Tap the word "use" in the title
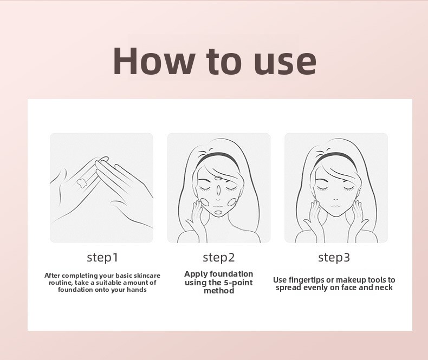284,64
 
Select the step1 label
102,258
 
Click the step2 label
219,258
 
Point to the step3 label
334,258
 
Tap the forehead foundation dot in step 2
218,179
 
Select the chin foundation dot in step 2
219,212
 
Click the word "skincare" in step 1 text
147,276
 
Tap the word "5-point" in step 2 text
238,283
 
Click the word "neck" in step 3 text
384,287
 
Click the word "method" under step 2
219,291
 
